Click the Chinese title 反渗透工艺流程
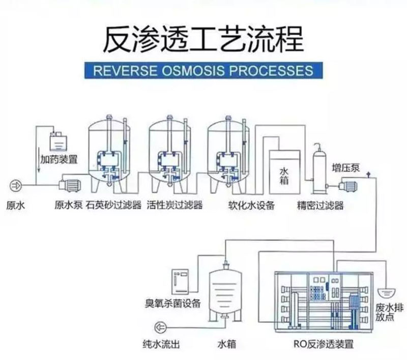(203, 39)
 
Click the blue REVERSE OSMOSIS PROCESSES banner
(203, 69)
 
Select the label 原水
(15, 206)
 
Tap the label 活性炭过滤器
(175, 206)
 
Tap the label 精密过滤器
(321, 206)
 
